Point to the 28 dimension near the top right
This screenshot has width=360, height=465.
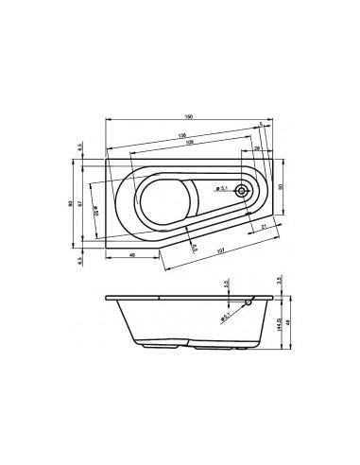pyautogui.click(x=256, y=149)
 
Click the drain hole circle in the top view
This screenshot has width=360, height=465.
pyautogui.click(x=243, y=190)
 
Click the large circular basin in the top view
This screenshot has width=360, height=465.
pyautogui.click(x=169, y=198)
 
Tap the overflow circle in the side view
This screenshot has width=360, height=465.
pyautogui.click(x=249, y=302)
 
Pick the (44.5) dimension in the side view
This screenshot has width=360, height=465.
pyautogui.click(x=281, y=325)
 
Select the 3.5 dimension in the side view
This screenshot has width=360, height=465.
pyautogui.click(x=282, y=282)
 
